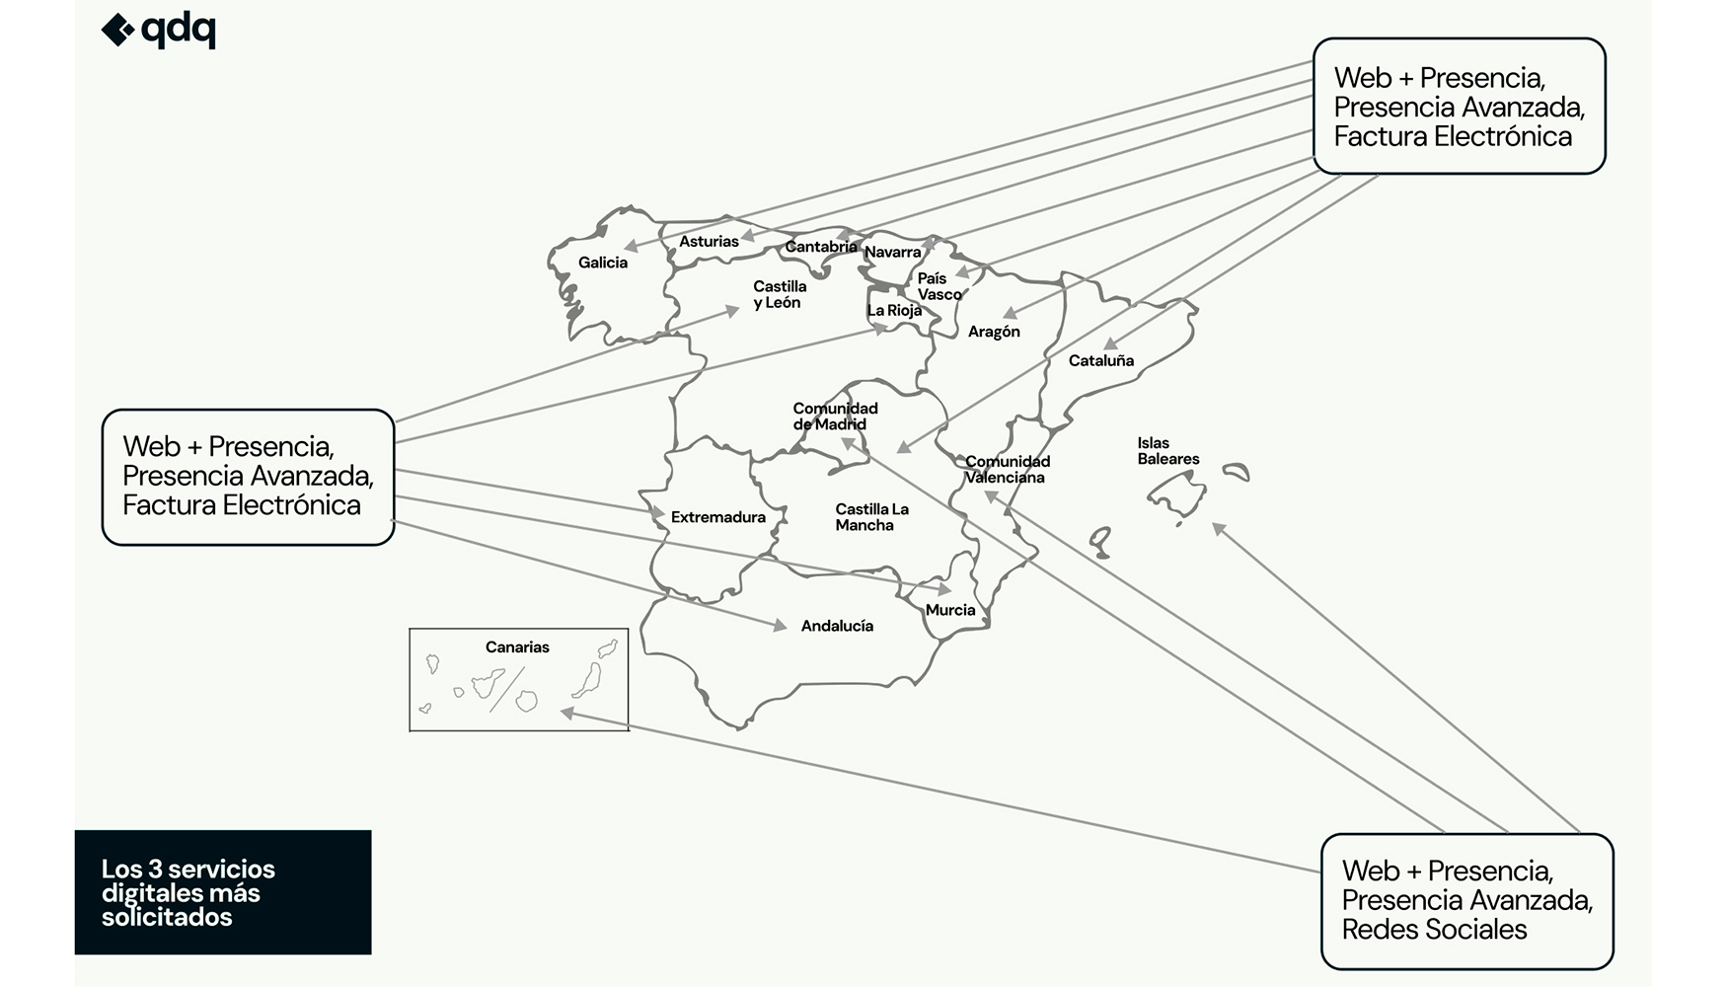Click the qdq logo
click(x=159, y=31)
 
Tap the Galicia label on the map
click(x=603, y=263)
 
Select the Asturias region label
click(x=709, y=242)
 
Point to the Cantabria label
click(x=821, y=247)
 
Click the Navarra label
click(x=892, y=253)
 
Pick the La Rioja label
click(x=894, y=311)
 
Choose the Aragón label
click(x=994, y=332)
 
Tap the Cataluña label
click(x=1101, y=361)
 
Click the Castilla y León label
click(x=780, y=294)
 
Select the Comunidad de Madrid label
click(x=834, y=417)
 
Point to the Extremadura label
click(x=718, y=517)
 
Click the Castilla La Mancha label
click(x=871, y=517)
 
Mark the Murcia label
click(x=950, y=610)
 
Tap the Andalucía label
click(x=837, y=626)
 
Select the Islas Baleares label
click(x=1168, y=451)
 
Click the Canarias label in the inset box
click(x=517, y=647)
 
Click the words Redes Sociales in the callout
click(x=1434, y=930)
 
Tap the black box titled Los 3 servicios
click(x=223, y=892)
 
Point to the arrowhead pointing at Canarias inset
click(x=567, y=713)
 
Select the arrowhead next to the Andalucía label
click(x=780, y=626)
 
